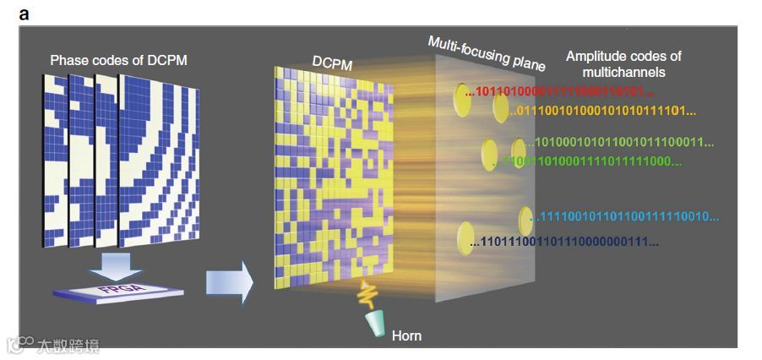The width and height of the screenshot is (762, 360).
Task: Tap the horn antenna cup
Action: click(x=375, y=323)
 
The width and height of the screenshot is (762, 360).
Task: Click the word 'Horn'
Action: click(x=406, y=335)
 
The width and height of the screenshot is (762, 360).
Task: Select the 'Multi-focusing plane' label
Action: click(x=486, y=53)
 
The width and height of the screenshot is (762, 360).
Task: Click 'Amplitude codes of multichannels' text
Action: click(x=623, y=63)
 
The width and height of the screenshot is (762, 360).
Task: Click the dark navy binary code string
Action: click(x=564, y=243)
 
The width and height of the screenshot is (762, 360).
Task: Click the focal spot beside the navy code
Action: click(x=464, y=237)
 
